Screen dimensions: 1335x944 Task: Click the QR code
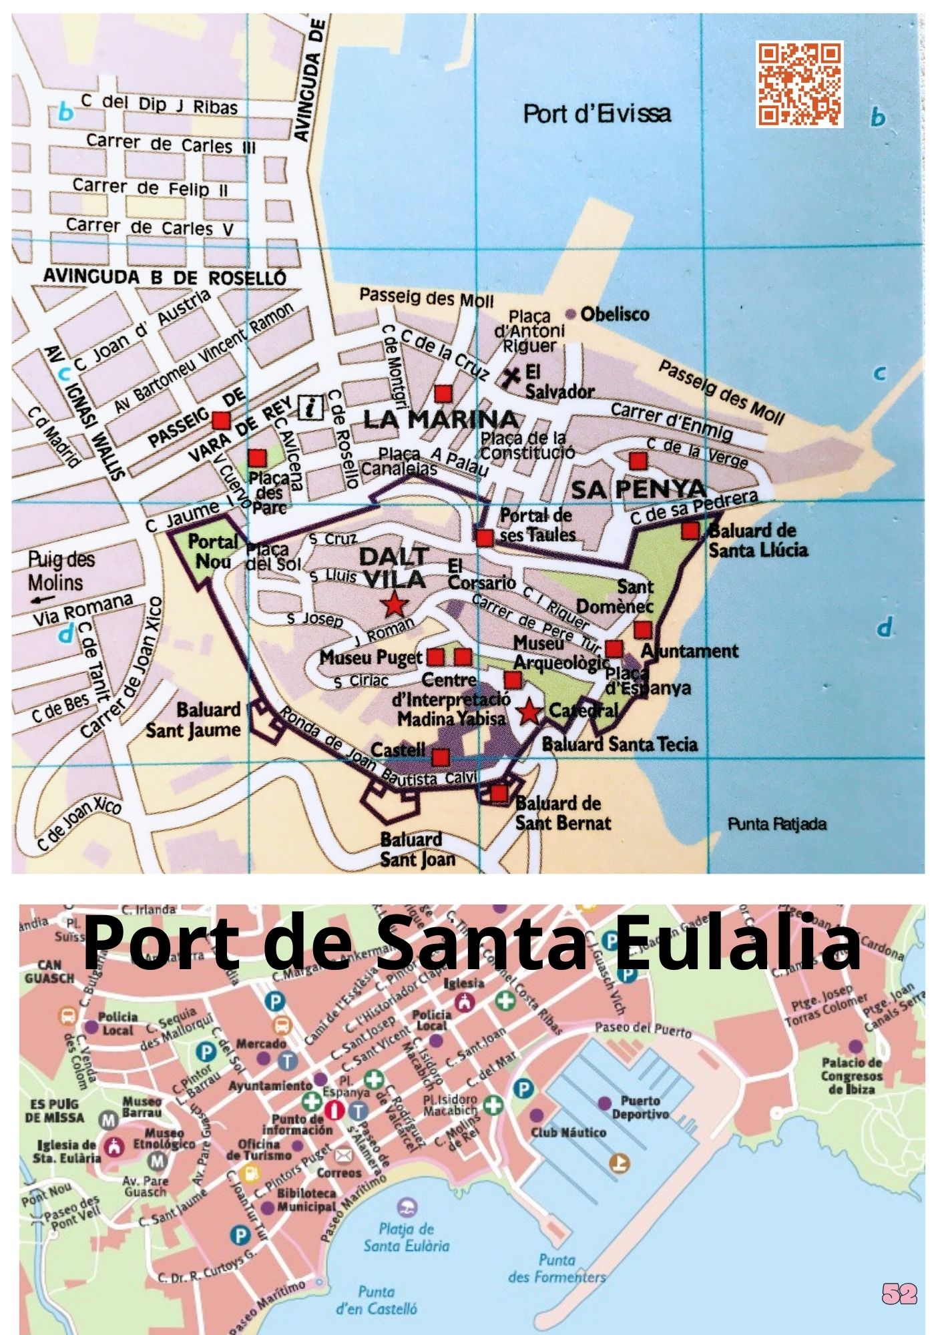799,84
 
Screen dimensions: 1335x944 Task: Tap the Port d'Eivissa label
597,114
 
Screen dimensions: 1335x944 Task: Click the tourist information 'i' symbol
310,406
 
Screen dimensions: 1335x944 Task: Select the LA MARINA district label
441,420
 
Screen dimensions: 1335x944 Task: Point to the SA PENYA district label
638,489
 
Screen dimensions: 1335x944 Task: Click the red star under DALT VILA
395,605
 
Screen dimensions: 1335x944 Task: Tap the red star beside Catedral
529,712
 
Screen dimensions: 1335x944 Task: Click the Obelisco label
614,314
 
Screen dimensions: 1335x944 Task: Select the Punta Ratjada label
777,824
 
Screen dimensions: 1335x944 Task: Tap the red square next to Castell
440,757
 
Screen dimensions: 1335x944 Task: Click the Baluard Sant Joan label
417,849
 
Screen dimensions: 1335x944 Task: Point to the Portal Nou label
213,551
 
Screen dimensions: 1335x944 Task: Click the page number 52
899,1294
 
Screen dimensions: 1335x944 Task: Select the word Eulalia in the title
738,941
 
